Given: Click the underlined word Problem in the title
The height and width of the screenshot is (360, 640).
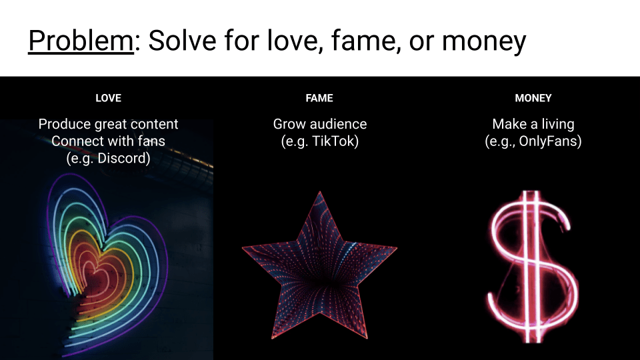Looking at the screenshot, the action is tap(81, 41).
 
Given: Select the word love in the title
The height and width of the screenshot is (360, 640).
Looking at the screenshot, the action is tap(292, 41).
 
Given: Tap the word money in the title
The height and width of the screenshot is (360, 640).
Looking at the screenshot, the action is tap(484, 43).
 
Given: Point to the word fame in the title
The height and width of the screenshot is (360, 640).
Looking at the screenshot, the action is tap(363, 41).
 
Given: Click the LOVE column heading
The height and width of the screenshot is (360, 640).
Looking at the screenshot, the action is tap(108, 98).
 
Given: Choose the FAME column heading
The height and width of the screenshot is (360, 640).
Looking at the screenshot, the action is tap(319, 98).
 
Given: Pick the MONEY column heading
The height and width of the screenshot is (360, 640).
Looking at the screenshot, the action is tap(533, 98).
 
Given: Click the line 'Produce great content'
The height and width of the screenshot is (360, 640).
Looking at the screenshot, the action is tap(108, 124).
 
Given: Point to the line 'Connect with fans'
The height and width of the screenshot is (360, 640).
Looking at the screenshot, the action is tap(108, 141).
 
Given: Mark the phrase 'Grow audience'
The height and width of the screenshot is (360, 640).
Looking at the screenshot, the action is tap(319, 124).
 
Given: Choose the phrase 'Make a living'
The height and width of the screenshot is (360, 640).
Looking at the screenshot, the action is tap(533, 124).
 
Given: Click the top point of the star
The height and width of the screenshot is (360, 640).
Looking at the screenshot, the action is tap(319, 191).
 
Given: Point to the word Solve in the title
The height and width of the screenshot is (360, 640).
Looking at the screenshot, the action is tap(182, 41).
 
